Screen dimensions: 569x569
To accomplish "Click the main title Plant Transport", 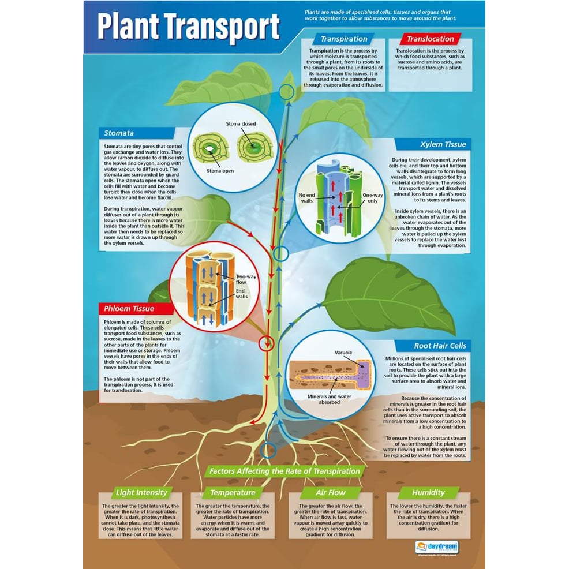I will [x=188, y=27].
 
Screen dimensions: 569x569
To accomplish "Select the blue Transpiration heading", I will [x=344, y=39].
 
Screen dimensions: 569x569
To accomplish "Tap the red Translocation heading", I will [x=430, y=39].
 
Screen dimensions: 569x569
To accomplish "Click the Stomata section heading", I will [x=119, y=133].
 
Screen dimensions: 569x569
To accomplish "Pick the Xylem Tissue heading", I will [x=443, y=144].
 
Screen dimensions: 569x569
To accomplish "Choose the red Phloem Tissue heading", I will [x=129, y=308].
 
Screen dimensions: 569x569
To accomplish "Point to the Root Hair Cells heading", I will [x=440, y=346].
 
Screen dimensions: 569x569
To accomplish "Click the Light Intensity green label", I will [x=141, y=492].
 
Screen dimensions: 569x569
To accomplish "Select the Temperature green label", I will [x=233, y=492].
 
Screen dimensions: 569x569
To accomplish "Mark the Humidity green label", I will [x=428, y=492].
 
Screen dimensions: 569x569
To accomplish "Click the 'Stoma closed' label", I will [x=241, y=123].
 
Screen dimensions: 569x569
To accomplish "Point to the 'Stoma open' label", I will [x=221, y=171].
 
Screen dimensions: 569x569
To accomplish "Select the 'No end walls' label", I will [x=306, y=198].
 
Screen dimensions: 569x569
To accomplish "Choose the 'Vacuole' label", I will [x=343, y=353].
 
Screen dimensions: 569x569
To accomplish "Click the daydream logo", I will [x=436, y=545].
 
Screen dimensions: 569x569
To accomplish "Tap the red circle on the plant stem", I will [x=266, y=343].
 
